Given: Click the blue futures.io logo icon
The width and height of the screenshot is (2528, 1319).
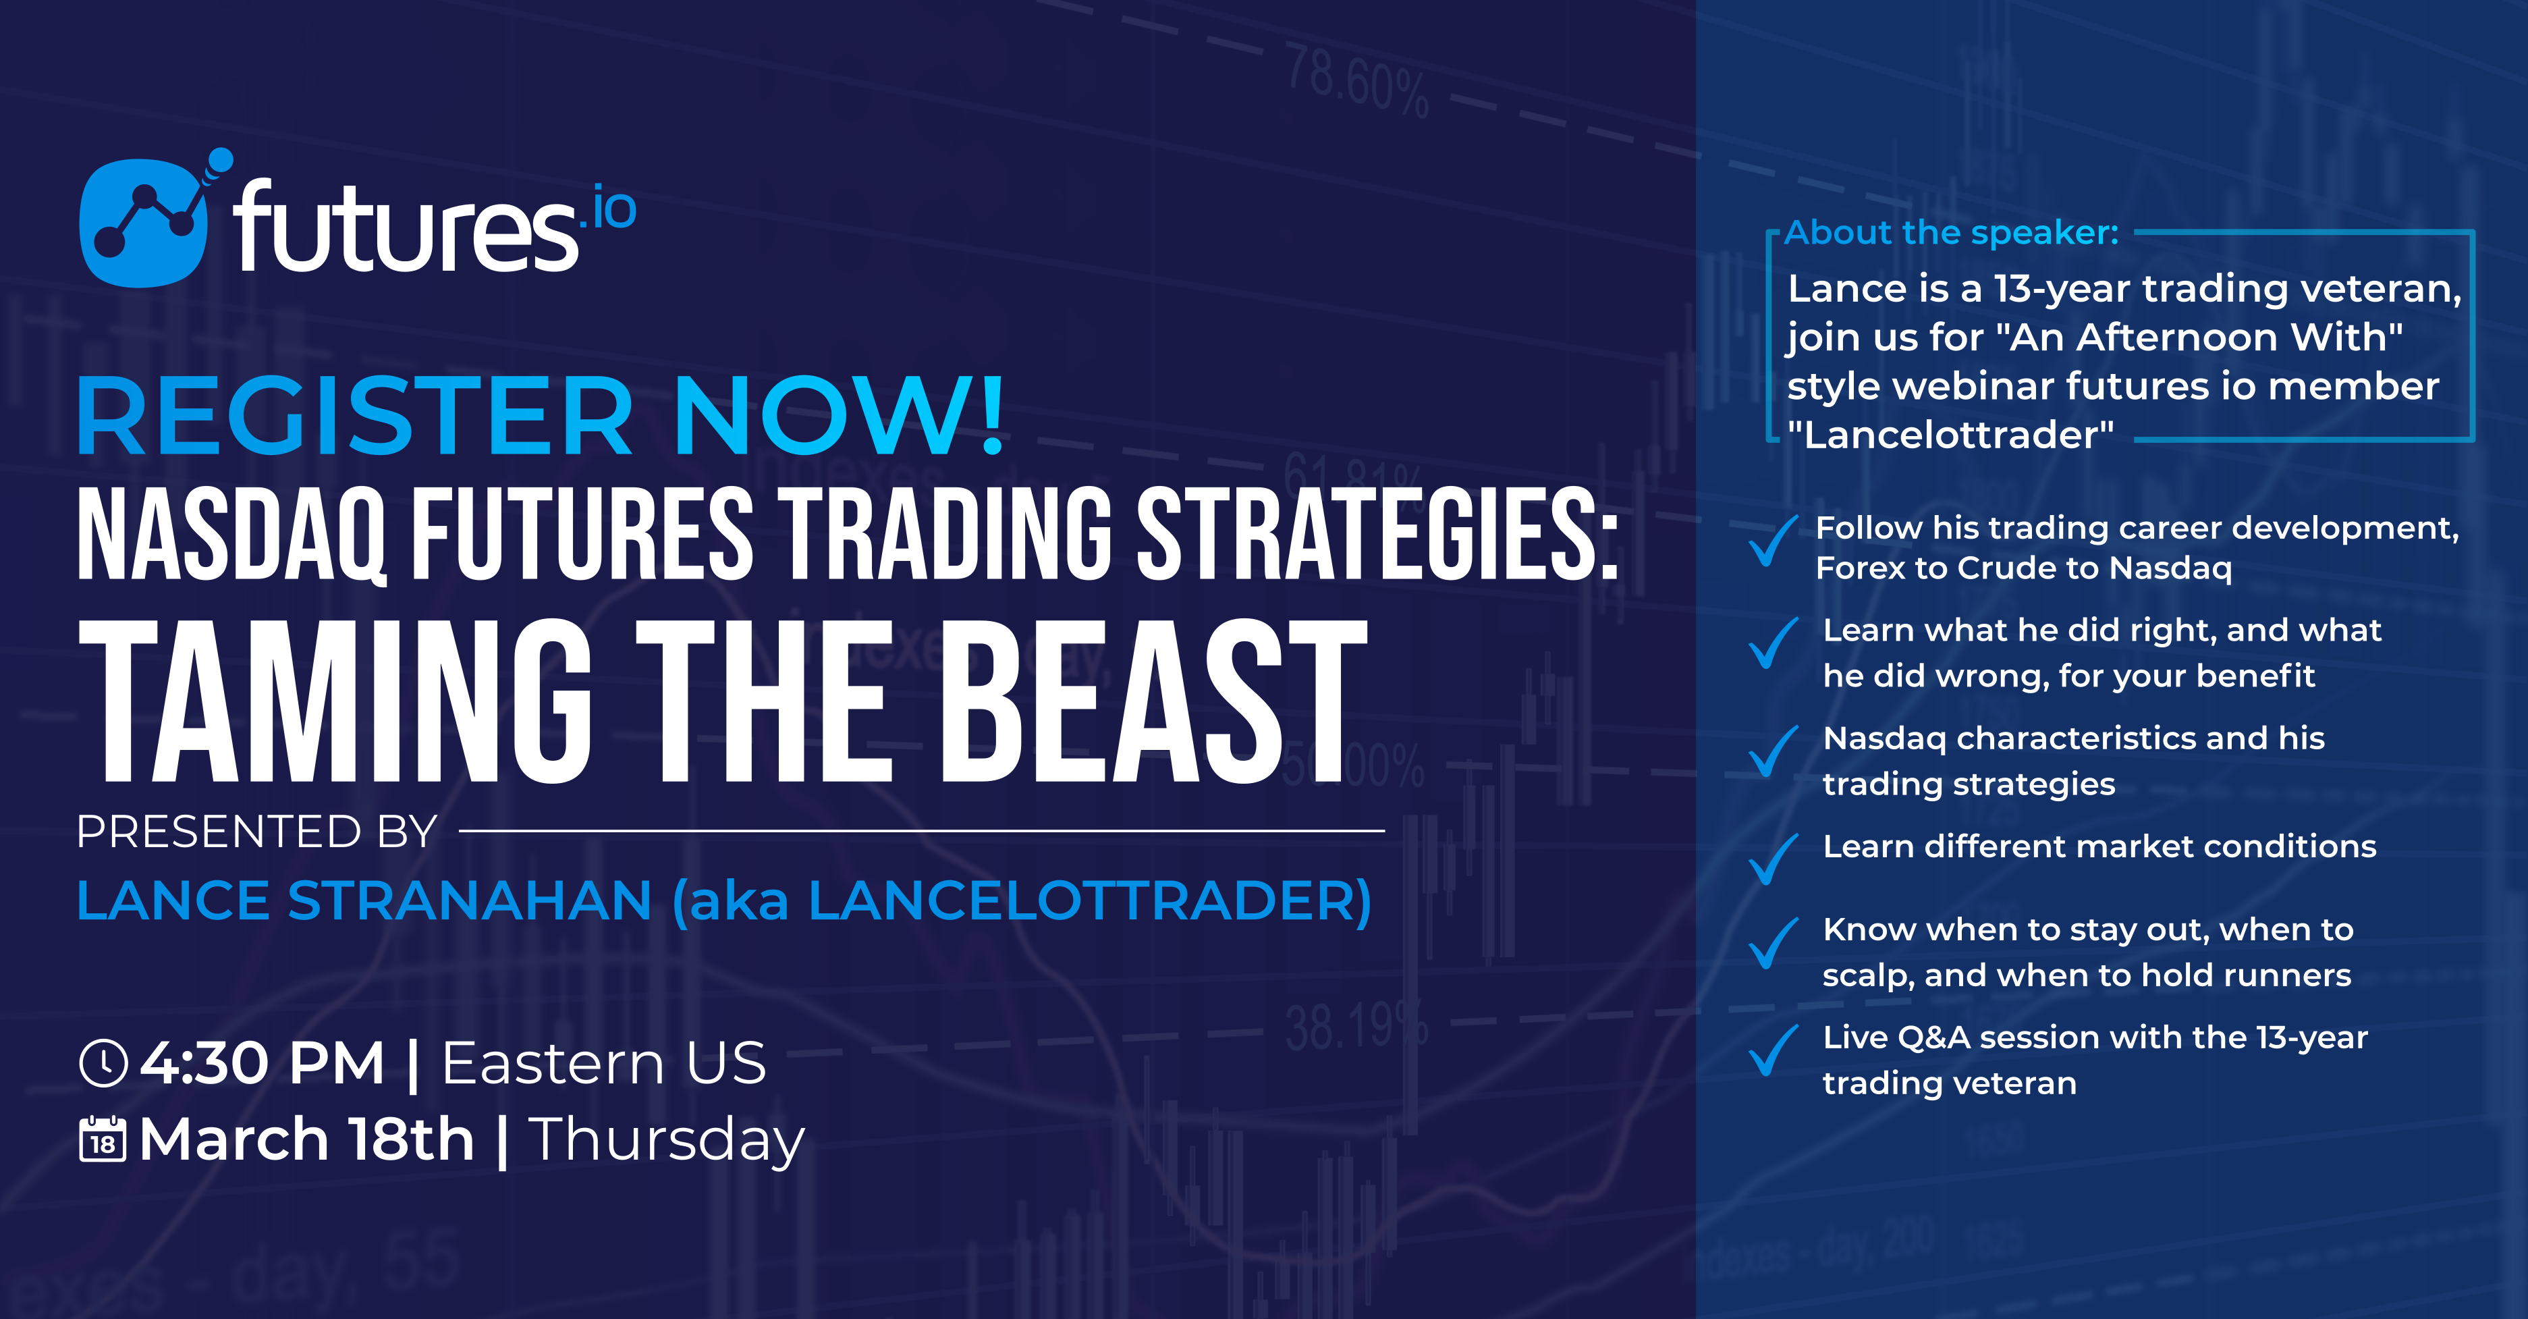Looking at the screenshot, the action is click(143, 223).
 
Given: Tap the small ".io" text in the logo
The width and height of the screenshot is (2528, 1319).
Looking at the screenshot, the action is click(609, 209).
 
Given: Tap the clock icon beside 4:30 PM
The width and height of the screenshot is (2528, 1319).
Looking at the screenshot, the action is click(103, 1064).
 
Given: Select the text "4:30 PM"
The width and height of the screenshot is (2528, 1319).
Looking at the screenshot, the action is click(262, 1063).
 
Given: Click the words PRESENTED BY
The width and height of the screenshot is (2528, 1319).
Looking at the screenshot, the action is click(257, 832).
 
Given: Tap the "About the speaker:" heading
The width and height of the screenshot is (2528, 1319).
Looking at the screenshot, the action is click(1952, 233).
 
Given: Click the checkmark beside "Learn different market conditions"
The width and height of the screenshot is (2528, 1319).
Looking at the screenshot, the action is click(1772, 858).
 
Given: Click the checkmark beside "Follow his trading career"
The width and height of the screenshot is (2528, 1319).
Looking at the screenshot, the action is click(1772, 540).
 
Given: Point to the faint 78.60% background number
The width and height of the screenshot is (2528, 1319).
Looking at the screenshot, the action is click(1357, 82).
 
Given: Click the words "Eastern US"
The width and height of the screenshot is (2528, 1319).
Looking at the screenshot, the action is click(603, 1063).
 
